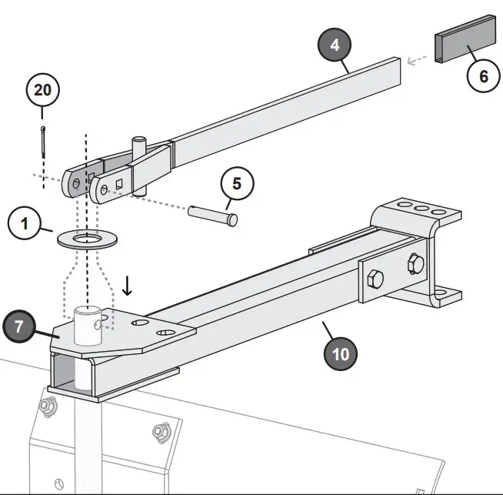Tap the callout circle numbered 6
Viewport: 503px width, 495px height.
[483, 76]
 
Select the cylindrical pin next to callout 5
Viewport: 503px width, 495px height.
[213, 214]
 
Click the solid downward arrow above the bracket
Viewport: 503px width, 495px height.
[128, 286]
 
